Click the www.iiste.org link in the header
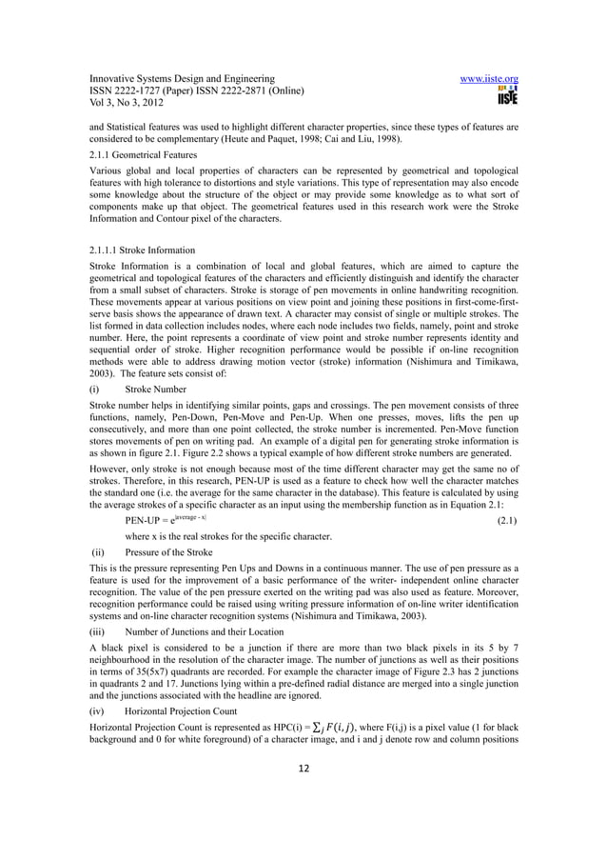489,79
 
